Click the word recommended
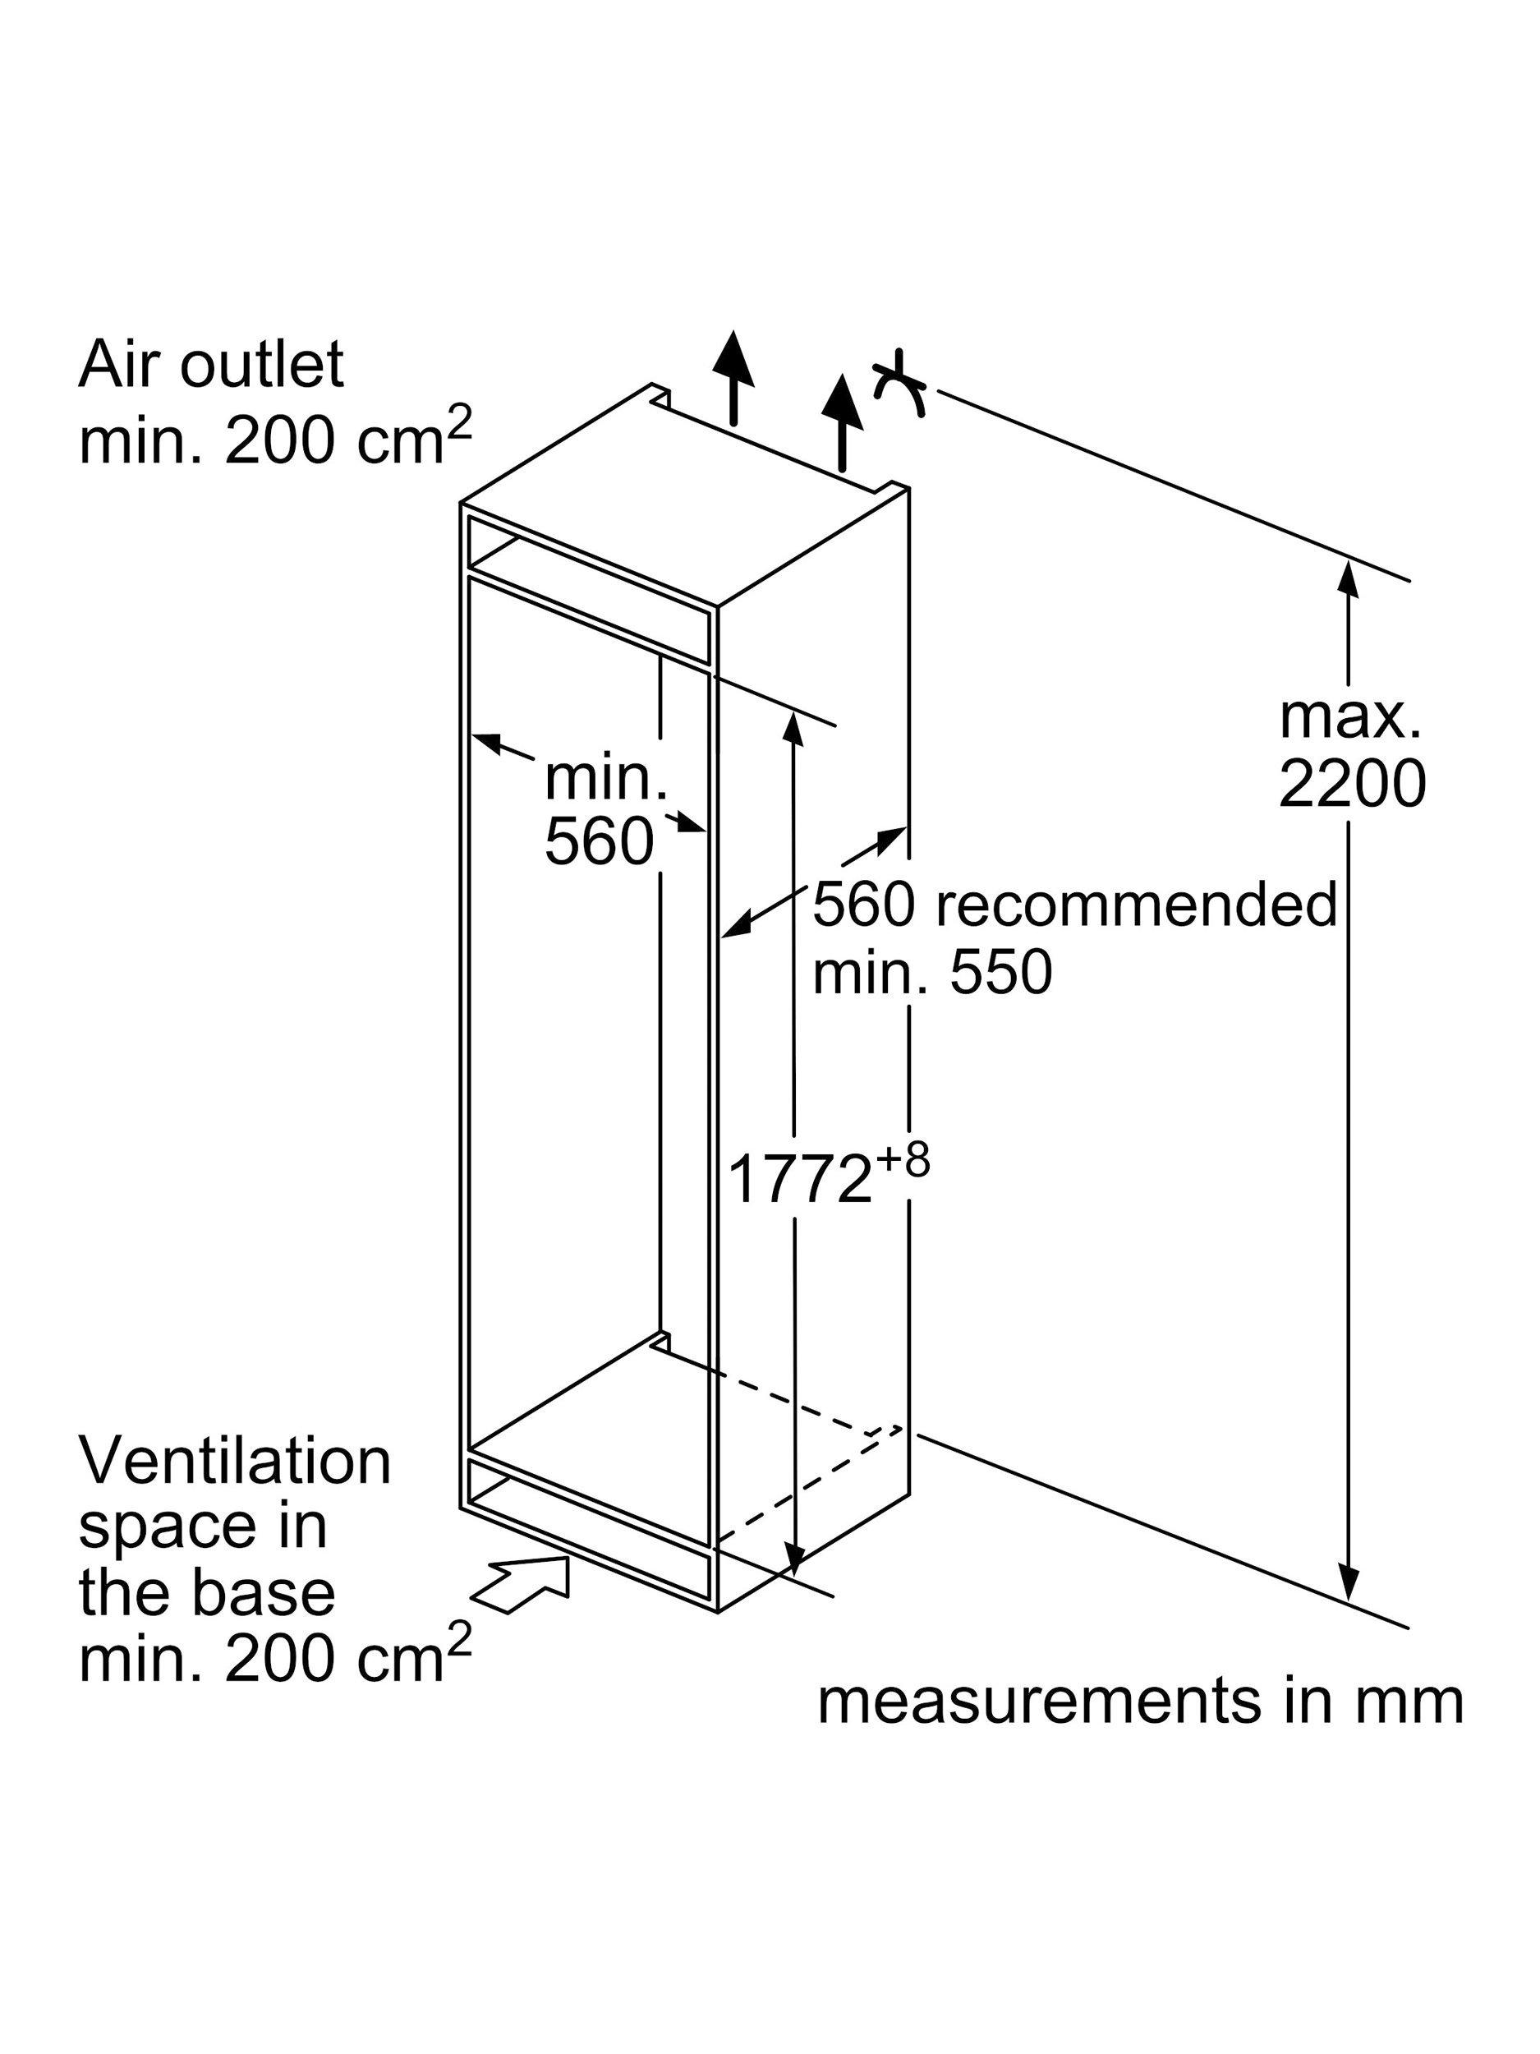pyautogui.click(x=1135, y=905)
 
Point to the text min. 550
pyautogui.click(x=932, y=972)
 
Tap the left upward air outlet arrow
pyautogui.click(x=733, y=376)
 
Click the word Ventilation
pyautogui.click(x=235, y=1461)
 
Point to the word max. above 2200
pyautogui.click(x=1349, y=718)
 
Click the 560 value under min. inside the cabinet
pyautogui.click(x=599, y=842)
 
